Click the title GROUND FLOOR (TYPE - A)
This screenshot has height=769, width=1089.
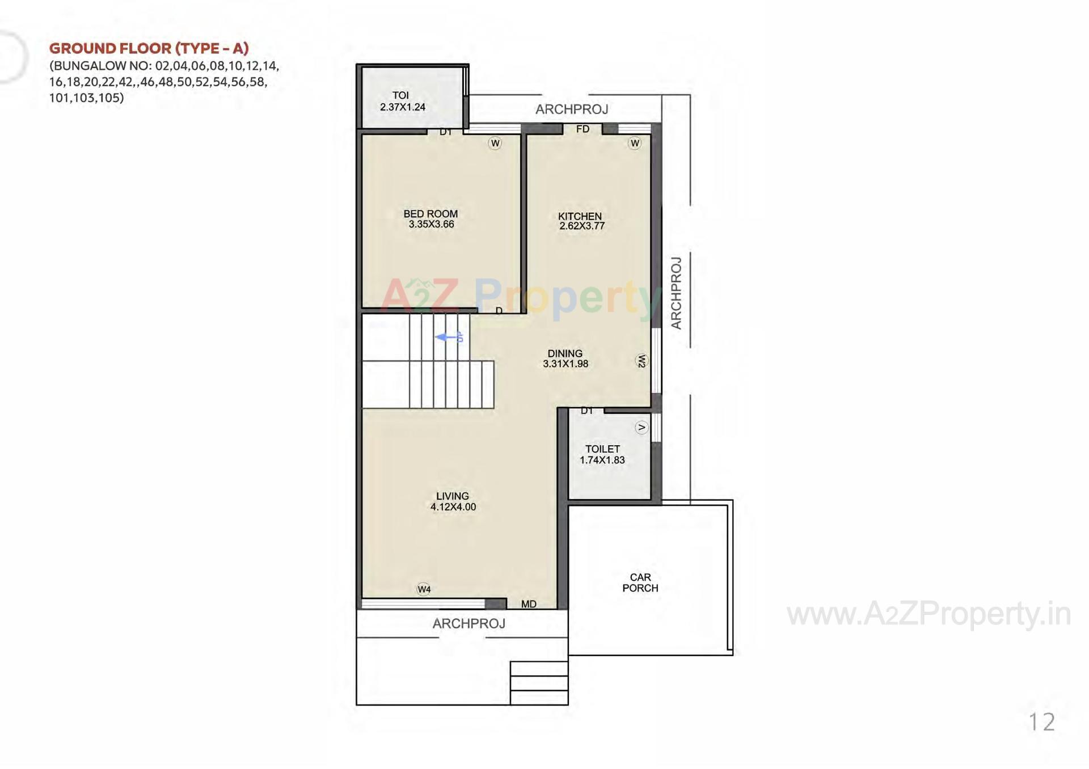click(149, 48)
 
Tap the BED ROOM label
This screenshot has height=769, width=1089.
click(430, 214)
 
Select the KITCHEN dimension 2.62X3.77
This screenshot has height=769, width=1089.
click(582, 226)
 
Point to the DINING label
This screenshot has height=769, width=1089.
click(565, 353)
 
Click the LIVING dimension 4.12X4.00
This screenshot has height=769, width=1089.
click(453, 507)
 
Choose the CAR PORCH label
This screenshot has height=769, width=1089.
click(640, 583)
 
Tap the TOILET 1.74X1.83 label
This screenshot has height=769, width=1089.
click(602, 454)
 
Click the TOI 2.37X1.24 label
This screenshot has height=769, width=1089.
click(402, 101)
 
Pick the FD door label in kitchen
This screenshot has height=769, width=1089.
click(583, 129)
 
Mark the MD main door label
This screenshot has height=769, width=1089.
click(529, 604)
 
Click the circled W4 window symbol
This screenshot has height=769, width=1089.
click(424, 589)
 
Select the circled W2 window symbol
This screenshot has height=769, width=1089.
click(641, 361)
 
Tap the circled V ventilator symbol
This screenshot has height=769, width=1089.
click(641, 428)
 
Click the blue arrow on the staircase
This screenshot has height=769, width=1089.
click(449, 337)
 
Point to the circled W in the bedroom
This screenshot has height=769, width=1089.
click(495, 143)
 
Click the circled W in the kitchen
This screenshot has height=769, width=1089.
click(635, 143)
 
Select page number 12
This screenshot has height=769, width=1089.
click(1041, 722)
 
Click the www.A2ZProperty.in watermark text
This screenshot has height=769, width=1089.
click(928, 614)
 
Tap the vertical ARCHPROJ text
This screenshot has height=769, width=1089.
click(676, 293)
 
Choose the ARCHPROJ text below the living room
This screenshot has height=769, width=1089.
click(468, 624)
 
